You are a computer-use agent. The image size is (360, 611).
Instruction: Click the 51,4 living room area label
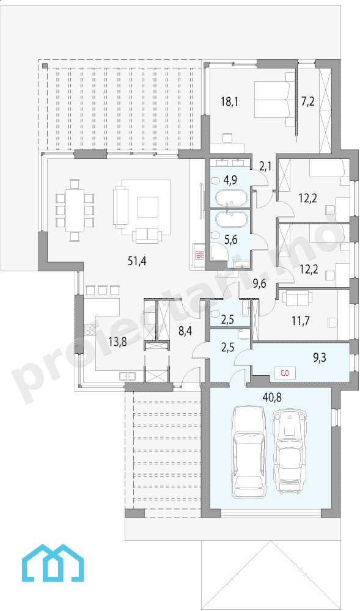coord(137,261)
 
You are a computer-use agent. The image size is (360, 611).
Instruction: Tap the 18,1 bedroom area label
coord(229,102)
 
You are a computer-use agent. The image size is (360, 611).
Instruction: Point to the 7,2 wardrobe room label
coord(307,102)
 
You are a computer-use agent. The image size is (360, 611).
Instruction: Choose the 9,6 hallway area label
coord(260,284)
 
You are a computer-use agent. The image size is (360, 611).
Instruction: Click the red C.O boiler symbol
coord(285,373)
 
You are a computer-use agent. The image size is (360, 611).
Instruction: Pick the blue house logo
coord(53,563)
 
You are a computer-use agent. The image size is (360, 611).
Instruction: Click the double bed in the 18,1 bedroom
coord(275,99)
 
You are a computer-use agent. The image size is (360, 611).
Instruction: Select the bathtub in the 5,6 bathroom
coord(231,220)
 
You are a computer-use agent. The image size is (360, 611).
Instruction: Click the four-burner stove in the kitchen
coord(90,331)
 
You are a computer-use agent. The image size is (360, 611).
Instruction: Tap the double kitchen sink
coord(127,376)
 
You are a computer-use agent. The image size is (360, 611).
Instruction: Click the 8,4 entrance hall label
coord(185,332)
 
